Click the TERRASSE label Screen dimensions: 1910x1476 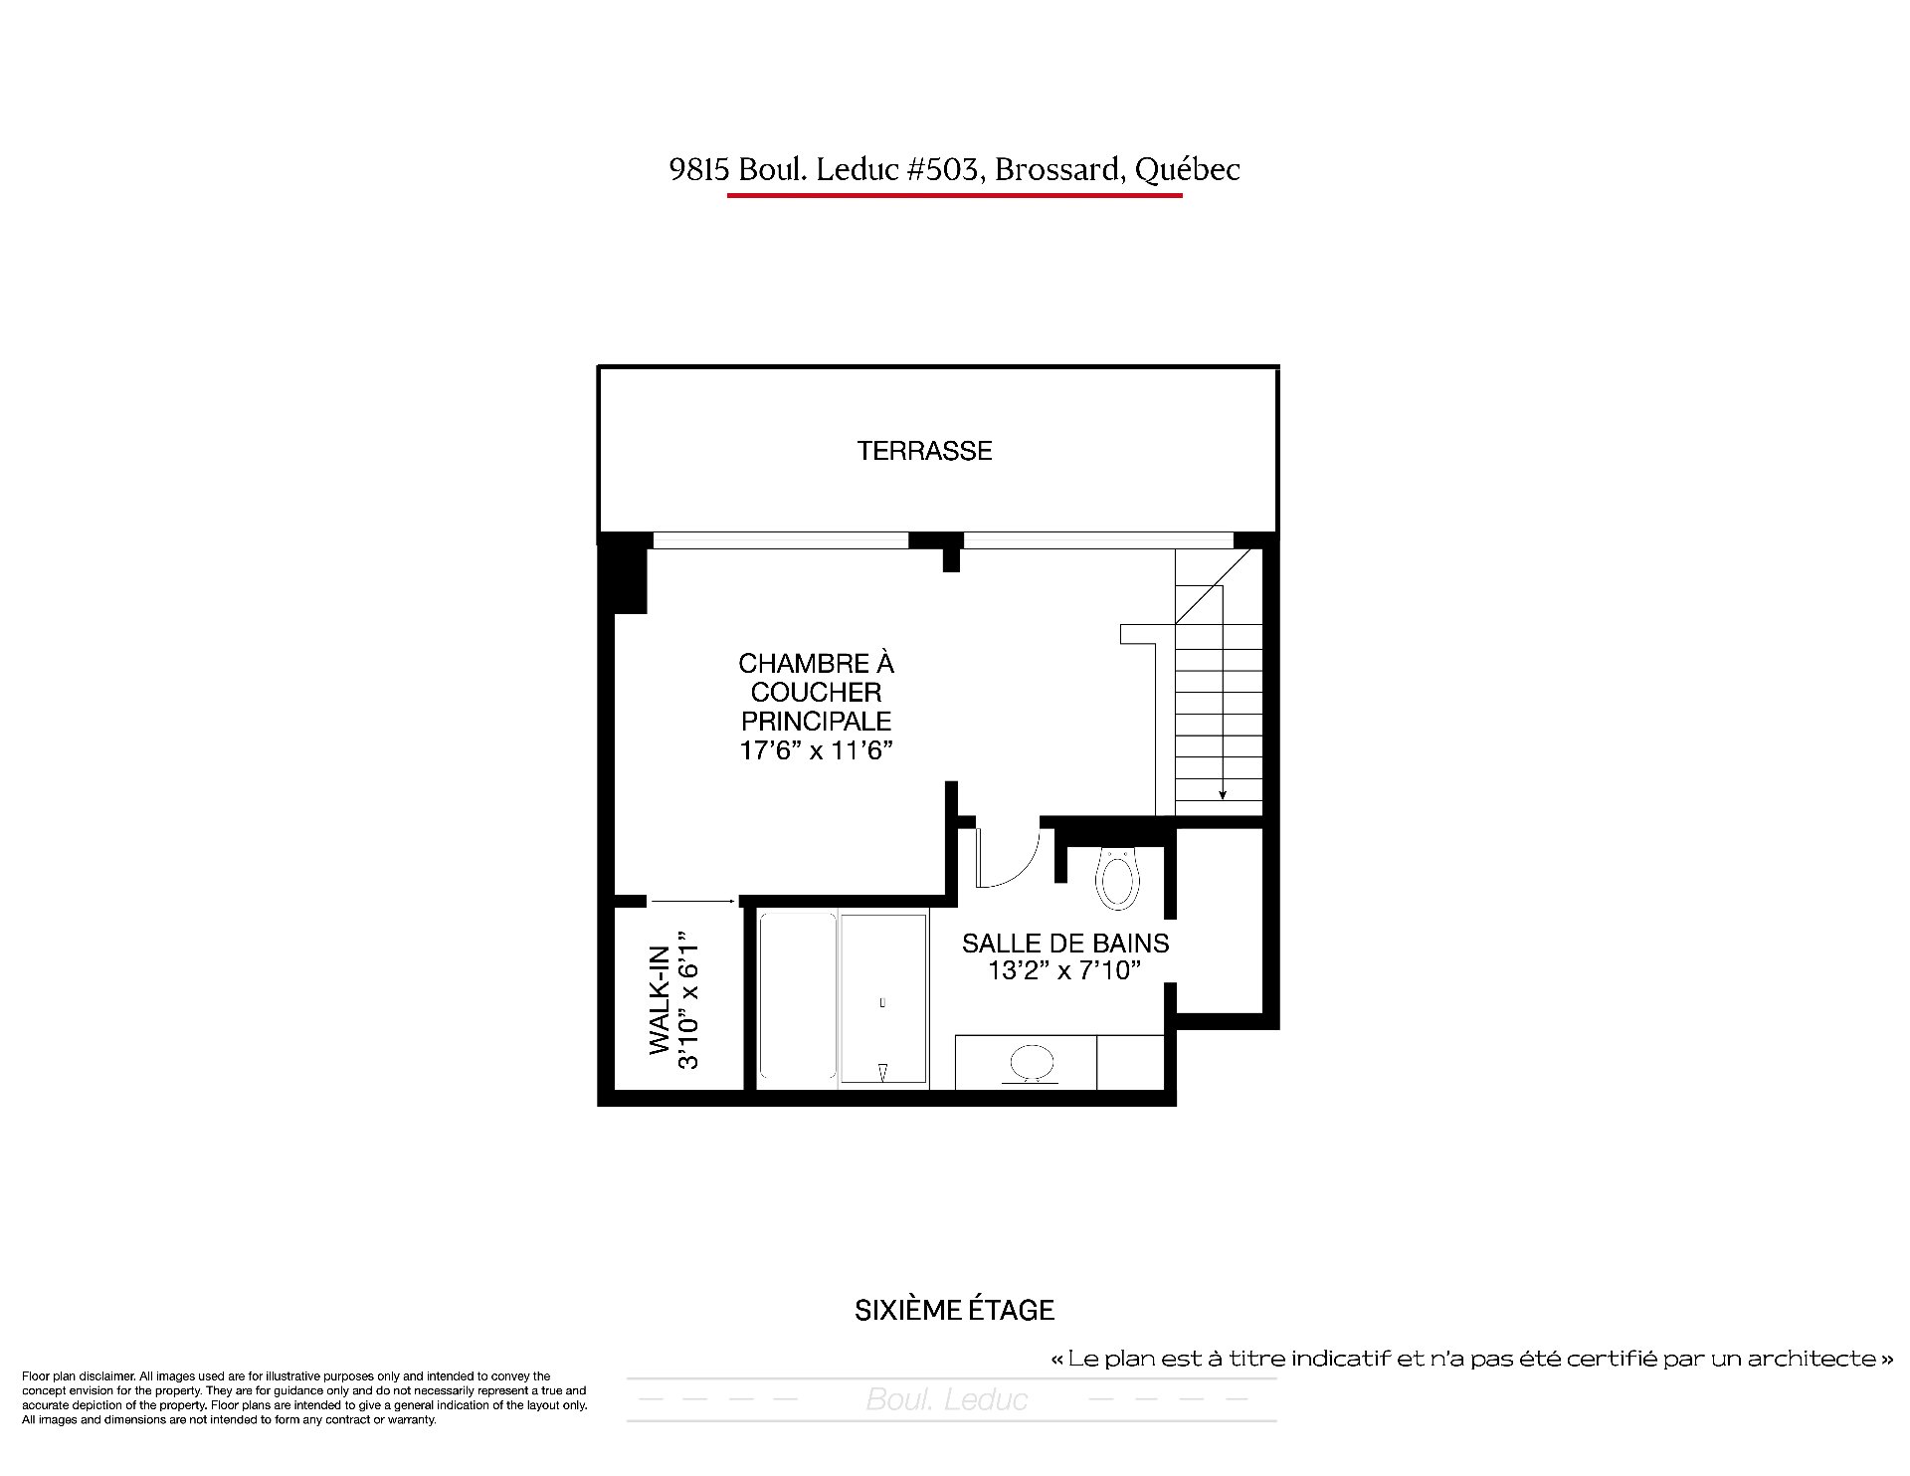(x=924, y=451)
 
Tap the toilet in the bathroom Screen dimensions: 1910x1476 (x=1117, y=878)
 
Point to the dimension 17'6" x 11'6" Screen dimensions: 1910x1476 (x=816, y=750)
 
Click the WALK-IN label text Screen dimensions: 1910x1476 (x=660, y=999)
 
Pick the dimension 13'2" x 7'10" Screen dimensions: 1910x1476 (x=1064, y=970)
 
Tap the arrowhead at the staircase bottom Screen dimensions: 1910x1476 (x=1222, y=793)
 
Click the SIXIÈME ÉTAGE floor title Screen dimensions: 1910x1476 (x=955, y=1310)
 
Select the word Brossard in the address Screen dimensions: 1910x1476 (x=1060, y=170)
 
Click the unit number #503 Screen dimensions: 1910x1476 (x=945, y=170)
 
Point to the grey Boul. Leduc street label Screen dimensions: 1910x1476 (x=947, y=1400)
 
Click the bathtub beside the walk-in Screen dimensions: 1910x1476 (x=798, y=996)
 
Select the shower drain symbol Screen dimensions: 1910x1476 (x=883, y=1071)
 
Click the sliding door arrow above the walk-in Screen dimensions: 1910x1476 (x=692, y=901)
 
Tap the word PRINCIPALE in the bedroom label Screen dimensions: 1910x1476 (x=816, y=721)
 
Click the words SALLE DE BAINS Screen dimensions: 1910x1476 (x=1065, y=943)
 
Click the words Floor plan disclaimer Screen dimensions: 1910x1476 (x=78, y=1376)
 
